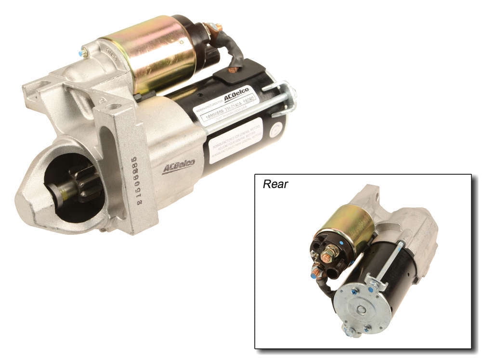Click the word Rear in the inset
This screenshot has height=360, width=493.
click(x=275, y=184)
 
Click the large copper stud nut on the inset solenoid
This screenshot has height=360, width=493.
click(x=329, y=253)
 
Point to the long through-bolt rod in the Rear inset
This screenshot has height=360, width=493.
click(x=390, y=262)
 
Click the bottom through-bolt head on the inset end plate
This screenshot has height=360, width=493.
click(x=350, y=331)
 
